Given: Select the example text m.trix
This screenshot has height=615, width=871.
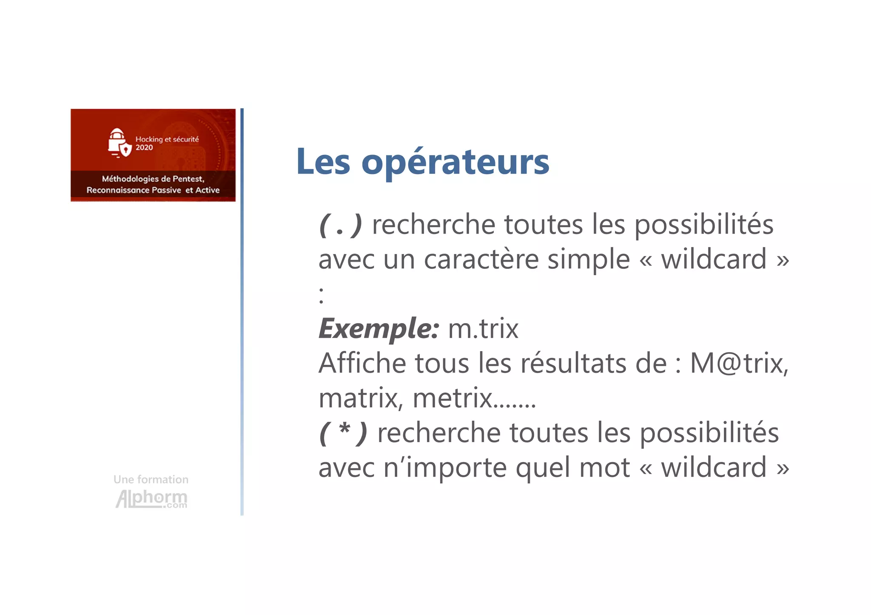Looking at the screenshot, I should (483, 329).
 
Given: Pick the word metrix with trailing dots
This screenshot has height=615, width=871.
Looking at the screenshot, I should (474, 398).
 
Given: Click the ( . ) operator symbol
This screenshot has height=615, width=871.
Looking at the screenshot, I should (340, 225).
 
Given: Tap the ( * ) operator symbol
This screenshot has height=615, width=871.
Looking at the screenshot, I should (343, 433).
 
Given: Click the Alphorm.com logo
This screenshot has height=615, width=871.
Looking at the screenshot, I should (151, 499).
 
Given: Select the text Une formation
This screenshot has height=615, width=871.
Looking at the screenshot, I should (151, 480).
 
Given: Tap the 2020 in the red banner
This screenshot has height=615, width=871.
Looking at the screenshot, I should (144, 148).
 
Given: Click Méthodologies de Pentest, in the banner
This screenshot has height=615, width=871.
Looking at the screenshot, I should (153, 179).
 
